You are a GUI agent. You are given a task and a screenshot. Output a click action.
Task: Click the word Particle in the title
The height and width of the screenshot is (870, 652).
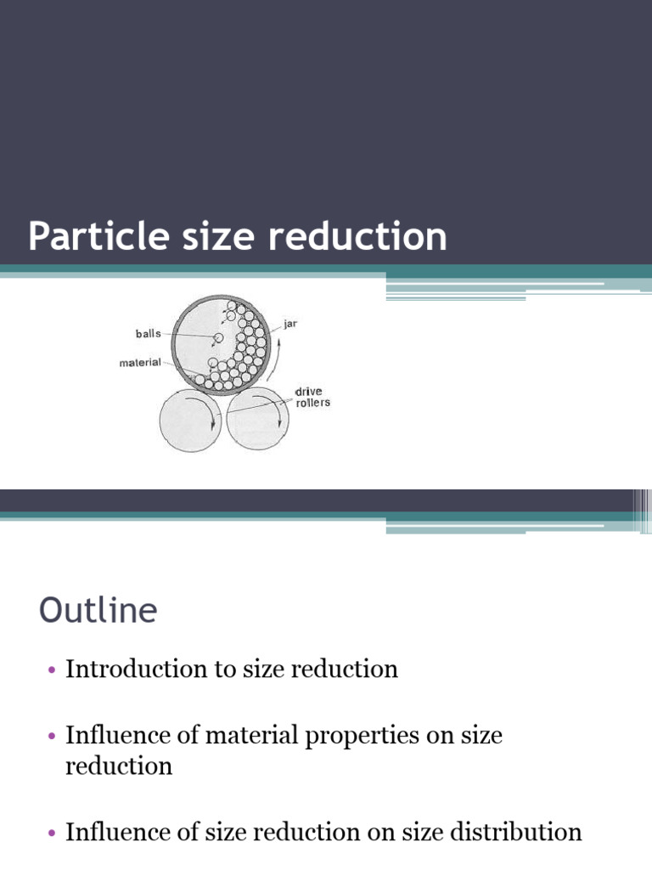tap(98, 236)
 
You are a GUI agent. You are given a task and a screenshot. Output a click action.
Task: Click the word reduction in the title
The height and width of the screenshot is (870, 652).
tap(357, 236)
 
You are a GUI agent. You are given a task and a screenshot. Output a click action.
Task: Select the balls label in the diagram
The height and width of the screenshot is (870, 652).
tap(148, 333)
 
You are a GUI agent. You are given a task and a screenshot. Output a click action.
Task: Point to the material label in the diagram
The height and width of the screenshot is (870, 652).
tap(140, 362)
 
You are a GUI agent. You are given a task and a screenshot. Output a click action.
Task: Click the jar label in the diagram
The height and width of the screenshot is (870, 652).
tap(290, 324)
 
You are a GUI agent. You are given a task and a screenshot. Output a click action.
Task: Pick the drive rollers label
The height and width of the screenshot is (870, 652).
tap(312, 397)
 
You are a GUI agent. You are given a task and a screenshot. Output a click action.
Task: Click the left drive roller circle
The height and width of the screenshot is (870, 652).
tap(191, 420)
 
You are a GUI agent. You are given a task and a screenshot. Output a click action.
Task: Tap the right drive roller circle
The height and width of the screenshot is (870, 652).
tap(258, 419)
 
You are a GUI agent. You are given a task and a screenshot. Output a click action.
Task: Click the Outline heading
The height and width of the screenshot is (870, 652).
tap(98, 610)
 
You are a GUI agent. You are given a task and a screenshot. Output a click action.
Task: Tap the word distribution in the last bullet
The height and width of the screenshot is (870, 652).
tap(516, 833)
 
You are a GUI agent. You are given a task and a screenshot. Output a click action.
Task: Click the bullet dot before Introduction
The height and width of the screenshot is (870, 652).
tap(52, 669)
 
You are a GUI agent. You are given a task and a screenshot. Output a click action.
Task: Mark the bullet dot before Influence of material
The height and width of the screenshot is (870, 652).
tap(52, 737)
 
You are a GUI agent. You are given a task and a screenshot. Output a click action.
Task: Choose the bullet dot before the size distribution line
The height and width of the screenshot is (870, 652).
tap(52, 833)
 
